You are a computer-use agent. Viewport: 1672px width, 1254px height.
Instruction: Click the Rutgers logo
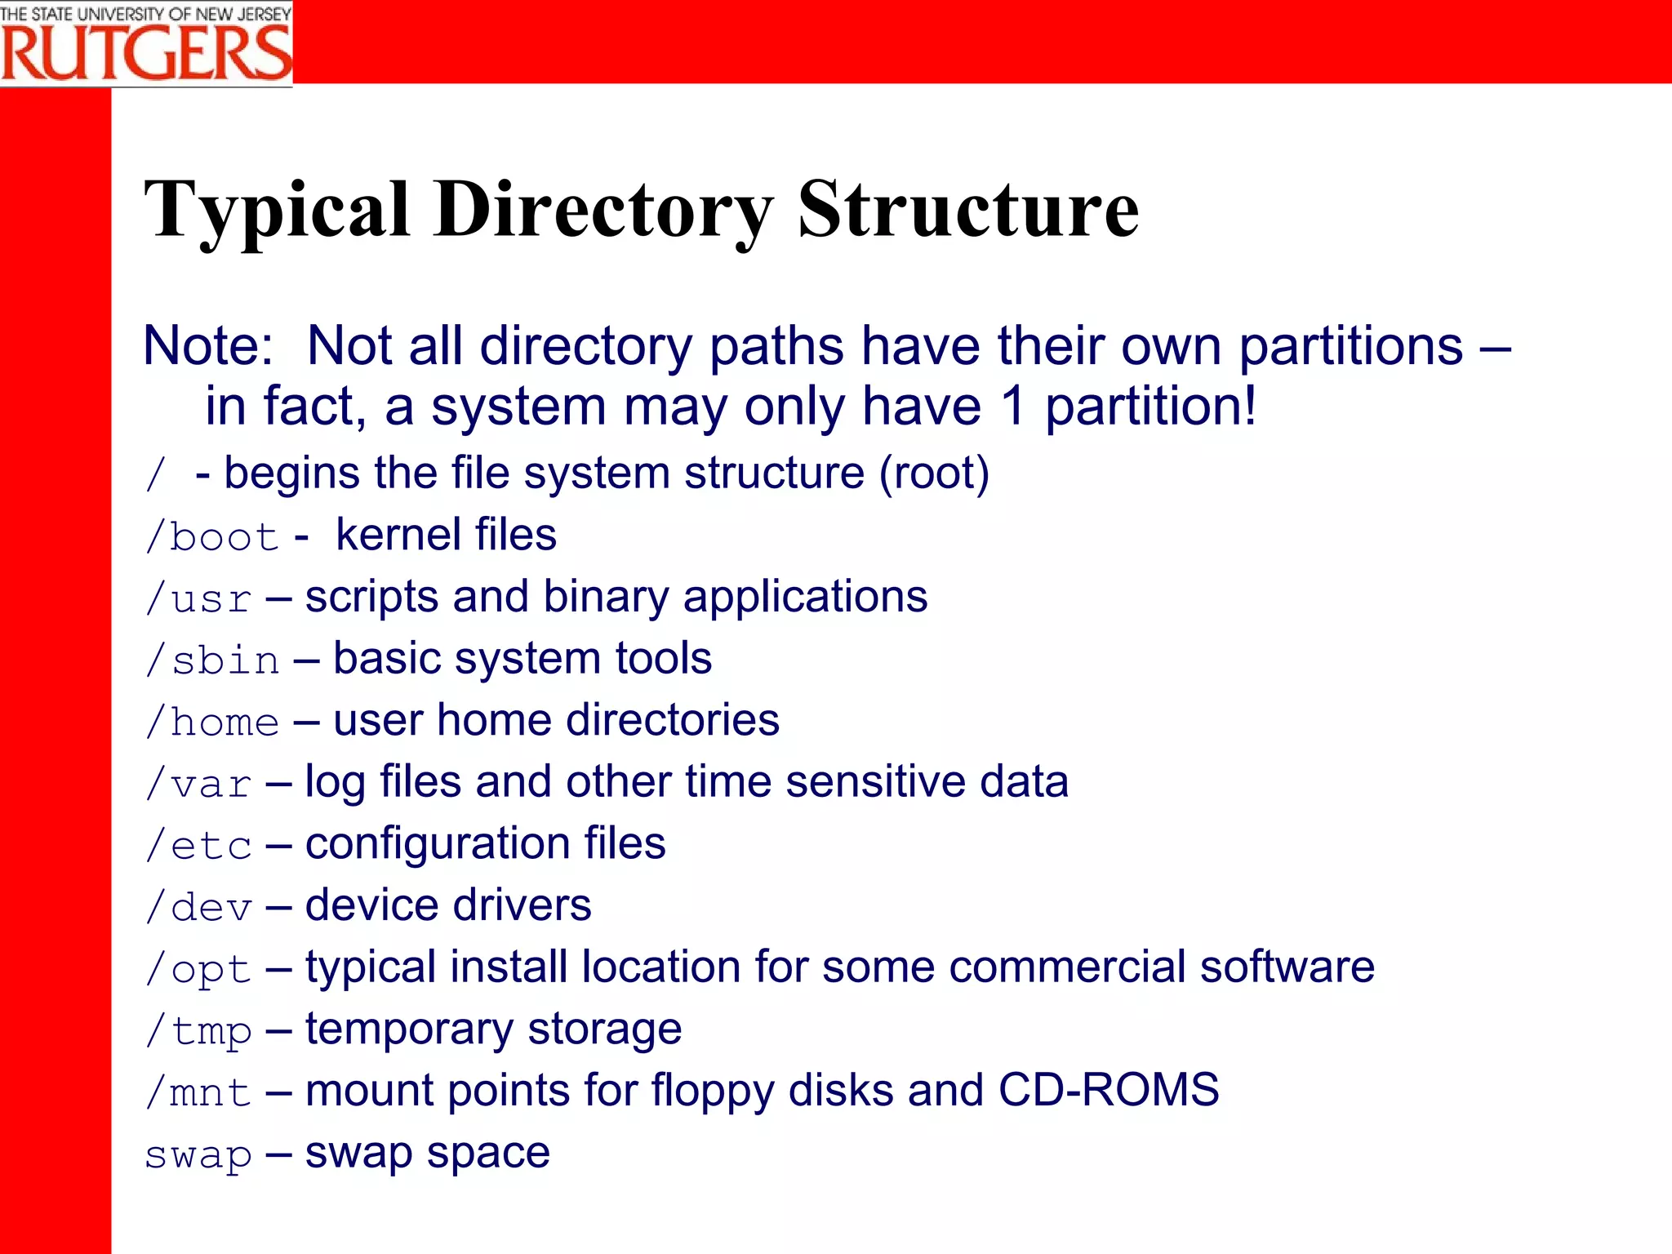146,44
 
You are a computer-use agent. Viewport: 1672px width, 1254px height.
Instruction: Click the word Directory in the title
603,211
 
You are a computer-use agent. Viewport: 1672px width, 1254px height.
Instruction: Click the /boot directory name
212,536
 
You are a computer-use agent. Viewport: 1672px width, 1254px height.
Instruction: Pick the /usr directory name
198,598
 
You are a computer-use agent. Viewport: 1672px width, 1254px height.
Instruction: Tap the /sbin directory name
212,660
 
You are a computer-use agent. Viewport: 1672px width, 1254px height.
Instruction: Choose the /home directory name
212,722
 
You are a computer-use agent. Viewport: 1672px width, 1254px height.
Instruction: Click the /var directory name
198,784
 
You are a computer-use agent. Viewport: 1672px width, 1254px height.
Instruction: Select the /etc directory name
198,845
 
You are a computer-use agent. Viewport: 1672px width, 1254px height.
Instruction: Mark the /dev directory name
198,907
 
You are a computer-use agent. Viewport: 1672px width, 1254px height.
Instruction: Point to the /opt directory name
198,970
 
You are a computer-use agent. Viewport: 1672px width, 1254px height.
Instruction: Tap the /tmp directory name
198,1031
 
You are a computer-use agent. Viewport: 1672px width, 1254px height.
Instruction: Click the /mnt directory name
198,1092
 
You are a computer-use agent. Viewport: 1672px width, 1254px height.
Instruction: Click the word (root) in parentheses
934,474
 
